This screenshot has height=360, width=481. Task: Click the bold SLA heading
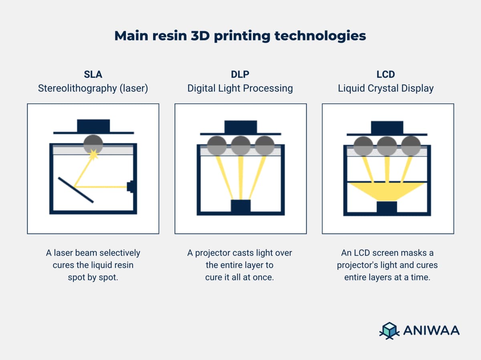(93, 74)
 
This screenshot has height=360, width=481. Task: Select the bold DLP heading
(240, 74)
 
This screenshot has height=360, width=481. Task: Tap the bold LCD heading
(386, 74)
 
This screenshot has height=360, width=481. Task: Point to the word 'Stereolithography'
(77, 88)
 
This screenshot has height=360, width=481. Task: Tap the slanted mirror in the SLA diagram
(76, 190)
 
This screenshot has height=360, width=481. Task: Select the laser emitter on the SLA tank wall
(130, 187)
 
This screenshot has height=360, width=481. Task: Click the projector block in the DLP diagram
(240, 206)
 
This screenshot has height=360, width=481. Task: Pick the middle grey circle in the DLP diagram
(240, 146)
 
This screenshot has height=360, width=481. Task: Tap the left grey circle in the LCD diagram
(364, 146)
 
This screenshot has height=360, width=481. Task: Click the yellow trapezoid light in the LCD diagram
(387, 191)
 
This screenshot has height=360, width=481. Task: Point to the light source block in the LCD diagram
(387, 207)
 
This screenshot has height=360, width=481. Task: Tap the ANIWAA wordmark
(431, 331)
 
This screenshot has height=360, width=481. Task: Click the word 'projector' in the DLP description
(214, 253)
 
